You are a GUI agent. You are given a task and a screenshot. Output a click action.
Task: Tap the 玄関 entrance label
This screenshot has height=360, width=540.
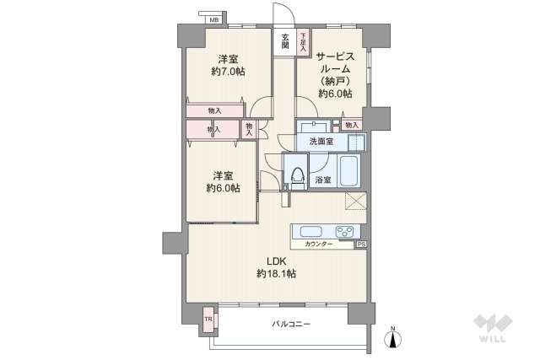[x=286, y=41]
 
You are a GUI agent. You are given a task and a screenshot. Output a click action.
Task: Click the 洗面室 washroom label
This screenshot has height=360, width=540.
[x=321, y=142]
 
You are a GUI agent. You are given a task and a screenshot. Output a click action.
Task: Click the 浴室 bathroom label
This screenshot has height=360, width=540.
[x=322, y=180]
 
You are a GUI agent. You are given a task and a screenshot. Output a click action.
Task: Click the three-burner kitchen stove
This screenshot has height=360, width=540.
[x=346, y=232]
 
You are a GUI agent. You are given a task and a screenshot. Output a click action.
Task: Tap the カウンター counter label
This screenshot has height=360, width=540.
[x=319, y=244]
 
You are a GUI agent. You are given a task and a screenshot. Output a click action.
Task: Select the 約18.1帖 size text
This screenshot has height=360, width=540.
[x=276, y=274]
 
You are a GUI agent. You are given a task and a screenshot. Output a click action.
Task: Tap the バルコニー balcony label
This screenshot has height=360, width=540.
[x=291, y=324]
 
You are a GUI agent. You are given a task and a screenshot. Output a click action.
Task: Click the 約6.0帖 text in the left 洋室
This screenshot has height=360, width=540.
[x=222, y=189]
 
